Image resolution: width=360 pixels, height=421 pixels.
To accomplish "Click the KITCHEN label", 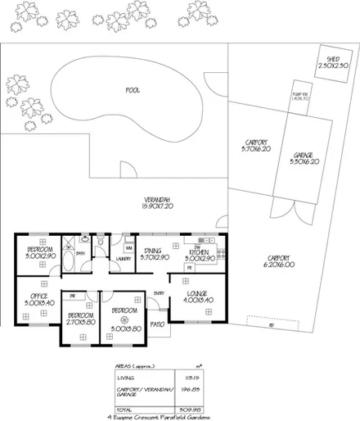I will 199,252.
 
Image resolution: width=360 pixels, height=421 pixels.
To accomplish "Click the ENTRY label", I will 160,293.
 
